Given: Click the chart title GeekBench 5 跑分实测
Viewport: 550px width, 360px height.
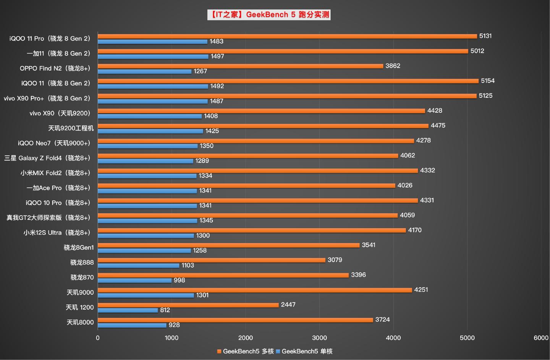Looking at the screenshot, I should [269, 15].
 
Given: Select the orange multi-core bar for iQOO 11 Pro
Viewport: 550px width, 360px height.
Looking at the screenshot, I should [287, 36].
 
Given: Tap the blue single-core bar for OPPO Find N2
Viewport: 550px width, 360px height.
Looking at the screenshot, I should [144, 71].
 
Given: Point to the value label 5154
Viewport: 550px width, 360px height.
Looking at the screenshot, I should [487, 81].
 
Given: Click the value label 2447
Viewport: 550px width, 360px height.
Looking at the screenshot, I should [288, 305].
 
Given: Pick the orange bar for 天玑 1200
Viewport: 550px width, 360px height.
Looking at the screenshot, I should [188, 305].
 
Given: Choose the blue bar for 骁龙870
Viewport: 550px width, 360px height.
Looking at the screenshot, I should [134, 281].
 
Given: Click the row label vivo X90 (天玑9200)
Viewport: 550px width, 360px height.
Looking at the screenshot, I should [60, 113].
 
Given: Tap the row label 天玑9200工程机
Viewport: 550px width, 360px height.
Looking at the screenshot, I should [71, 128].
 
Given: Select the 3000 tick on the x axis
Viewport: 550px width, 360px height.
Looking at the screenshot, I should [319, 338].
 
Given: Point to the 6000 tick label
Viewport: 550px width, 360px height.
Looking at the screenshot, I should [541, 338].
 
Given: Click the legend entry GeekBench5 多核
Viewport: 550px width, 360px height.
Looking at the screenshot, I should [246, 351].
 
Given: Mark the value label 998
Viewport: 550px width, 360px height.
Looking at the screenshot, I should [179, 280].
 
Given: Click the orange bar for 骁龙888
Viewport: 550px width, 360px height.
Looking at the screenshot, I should [211, 260].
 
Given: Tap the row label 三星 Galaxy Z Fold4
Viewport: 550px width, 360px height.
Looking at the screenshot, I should [47, 158].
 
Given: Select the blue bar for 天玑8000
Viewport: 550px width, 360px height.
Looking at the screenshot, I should [132, 325].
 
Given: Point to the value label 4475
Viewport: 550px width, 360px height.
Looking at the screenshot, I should [438, 125].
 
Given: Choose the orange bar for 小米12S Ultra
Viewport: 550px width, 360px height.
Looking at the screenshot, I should [251, 230].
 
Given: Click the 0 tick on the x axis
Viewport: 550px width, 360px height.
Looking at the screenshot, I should [98, 338].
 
